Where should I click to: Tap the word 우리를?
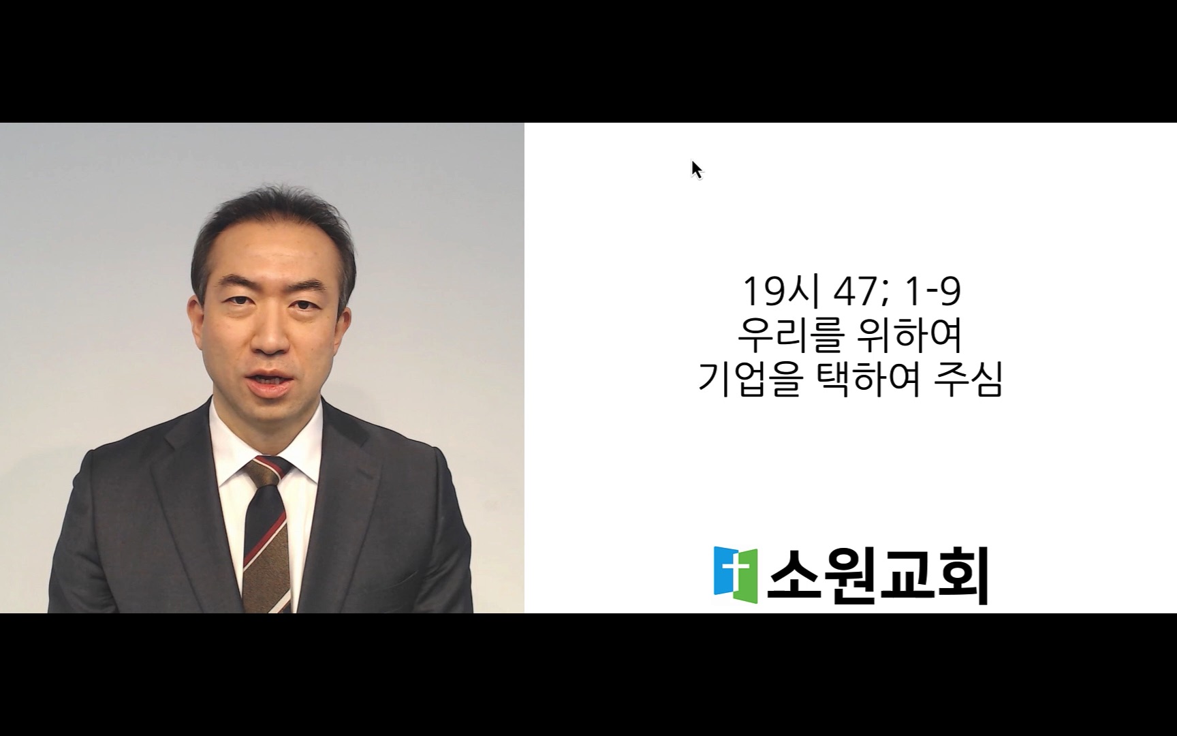click(791, 335)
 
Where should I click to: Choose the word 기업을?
click(748, 380)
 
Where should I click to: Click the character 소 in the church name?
click(794, 576)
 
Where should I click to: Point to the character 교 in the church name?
click(906, 576)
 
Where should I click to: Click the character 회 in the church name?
click(962, 577)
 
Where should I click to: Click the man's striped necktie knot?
click(268, 470)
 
